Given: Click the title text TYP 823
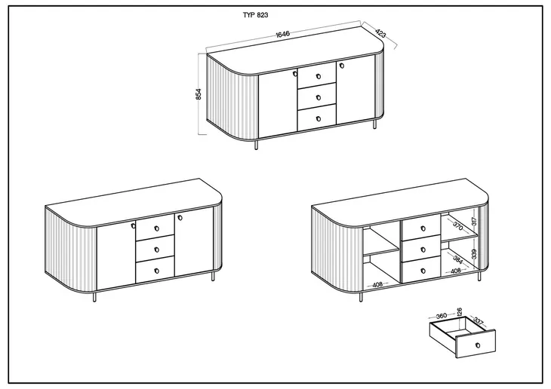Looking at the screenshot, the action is pos(255,15).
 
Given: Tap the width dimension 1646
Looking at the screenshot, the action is pos(282,34).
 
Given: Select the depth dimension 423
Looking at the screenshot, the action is pos(380,33).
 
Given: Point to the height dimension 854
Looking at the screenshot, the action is pos(199,94).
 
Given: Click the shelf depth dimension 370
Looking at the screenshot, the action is pos(458,226).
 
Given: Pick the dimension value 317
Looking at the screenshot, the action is pos(474,221).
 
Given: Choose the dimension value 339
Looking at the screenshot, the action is pos(474,253).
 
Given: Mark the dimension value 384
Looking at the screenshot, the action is pos(458,259).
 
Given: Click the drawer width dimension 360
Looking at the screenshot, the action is pos(441,316).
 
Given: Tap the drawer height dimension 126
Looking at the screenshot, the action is pos(459,311).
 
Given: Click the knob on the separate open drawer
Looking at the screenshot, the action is pos(477,345).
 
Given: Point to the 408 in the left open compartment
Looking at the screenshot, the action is pos(377,284).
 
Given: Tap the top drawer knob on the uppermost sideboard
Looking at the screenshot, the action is pos(319,76).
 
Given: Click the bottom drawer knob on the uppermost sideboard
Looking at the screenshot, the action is pos(319,118).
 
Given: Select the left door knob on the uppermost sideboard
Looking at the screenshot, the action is pos(294,74).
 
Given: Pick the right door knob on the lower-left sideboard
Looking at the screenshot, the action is pos(180,217).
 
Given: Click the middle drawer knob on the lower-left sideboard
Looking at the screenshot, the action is pos(157,250).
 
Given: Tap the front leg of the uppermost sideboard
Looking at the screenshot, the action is pos(256,145).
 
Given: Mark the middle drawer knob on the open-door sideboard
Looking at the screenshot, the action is pos(423,250).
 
